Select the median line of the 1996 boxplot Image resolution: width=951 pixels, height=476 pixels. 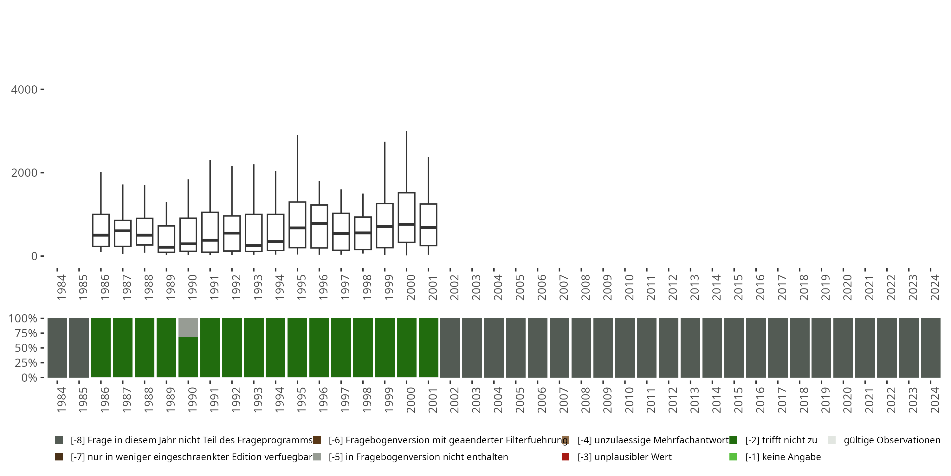point(319,223)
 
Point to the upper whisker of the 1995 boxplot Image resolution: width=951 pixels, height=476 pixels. point(298,168)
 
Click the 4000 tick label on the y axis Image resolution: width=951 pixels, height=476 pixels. point(24,90)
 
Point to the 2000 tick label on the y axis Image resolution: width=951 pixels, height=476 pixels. point(24,173)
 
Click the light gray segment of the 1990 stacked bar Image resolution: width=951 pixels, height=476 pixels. point(188,328)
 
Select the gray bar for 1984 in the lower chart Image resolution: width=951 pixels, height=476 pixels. point(58,348)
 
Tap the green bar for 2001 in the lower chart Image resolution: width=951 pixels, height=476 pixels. point(429,348)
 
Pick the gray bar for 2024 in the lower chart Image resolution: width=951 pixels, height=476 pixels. point(931,348)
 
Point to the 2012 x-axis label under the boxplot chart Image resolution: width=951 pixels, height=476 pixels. point(673,287)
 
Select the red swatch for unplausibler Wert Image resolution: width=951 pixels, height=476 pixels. point(565,457)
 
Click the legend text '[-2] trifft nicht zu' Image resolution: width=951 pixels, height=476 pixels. point(781,440)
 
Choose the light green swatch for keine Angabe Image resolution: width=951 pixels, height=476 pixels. point(733,457)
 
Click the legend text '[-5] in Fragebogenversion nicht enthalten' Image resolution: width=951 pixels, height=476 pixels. point(418,457)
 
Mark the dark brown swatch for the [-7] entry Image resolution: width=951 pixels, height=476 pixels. point(59,457)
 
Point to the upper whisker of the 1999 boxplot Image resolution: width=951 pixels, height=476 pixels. point(385,172)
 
